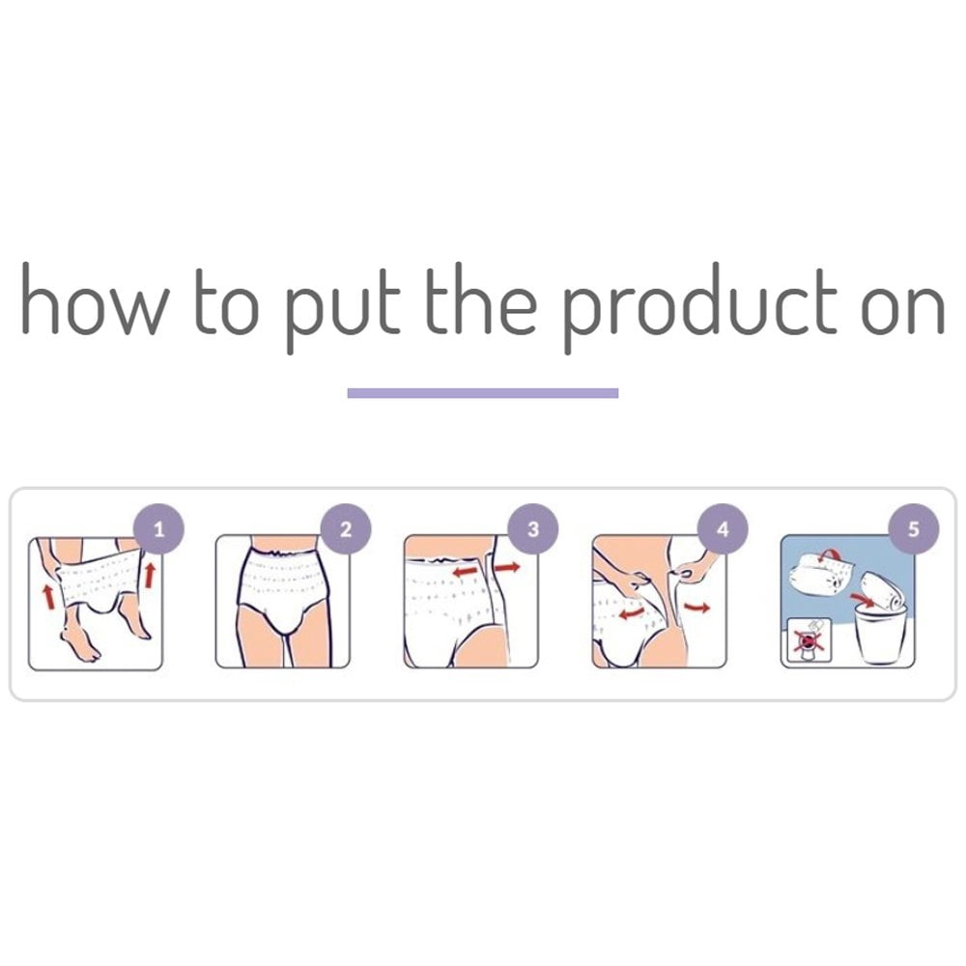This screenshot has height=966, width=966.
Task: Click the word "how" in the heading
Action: click(x=96, y=298)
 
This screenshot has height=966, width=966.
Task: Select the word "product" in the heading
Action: click(x=700, y=308)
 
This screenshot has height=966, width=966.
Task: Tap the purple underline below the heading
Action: click(x=482, y=393)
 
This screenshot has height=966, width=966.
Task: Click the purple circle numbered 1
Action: click(x=159, y=529)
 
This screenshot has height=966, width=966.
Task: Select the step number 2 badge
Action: click(x=346, y=529)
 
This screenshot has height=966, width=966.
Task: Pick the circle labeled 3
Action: click(x=533, y=529)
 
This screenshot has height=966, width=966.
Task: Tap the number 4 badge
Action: click(x=723, y=529)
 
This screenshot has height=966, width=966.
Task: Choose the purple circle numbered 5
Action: click(x=913, y=529)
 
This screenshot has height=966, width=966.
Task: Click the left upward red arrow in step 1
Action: click(x=48, y=597)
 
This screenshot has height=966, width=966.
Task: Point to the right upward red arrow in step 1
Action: click(x=149, y=574)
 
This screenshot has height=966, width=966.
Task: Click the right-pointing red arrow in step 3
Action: click(x=507, y=567)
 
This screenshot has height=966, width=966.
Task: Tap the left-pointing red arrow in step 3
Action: click(x=466, y=572)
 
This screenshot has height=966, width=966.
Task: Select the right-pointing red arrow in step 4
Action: click(x=696, y=608)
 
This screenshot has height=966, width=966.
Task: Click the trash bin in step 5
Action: click(x=880, y=635)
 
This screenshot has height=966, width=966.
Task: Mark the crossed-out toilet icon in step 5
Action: click(x=809, y=640)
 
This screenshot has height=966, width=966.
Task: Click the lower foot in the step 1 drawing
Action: click(x=81, y=643)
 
